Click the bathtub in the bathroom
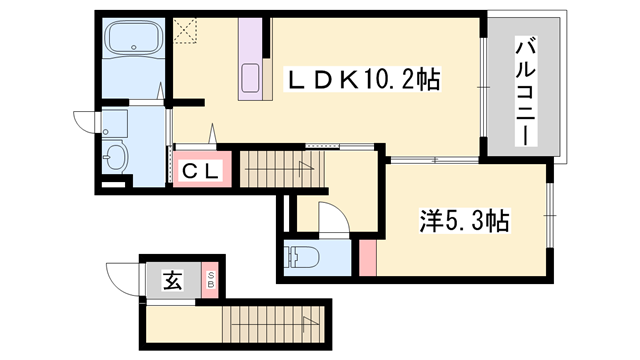(x=133, y=43)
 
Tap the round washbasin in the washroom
(x=116, y=157)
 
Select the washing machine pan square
(x=116, y=123)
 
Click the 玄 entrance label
(x=172, y=281)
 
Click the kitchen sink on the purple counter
(x=249, y=76)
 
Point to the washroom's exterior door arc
(x=85, y=121)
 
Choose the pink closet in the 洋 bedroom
(x=369, y=257)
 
